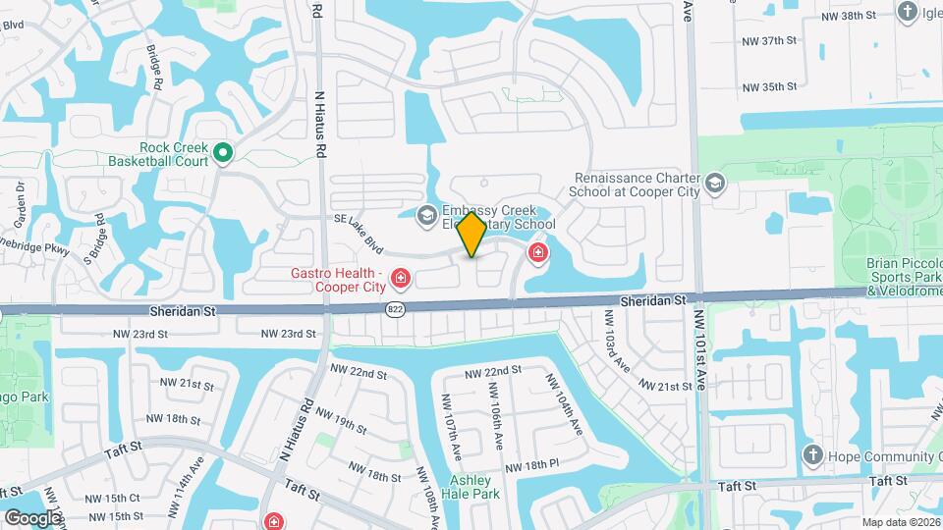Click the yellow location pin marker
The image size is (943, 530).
pyautogui.click(x=472, y=234)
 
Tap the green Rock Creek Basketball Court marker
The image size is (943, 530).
pyautogui.click(x=223, y=152)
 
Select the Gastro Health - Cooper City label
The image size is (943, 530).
pyautogui.click(x=334, y=279)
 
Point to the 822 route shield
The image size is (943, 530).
pyautogui.click(x=394, y=308)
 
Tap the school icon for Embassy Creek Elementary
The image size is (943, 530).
pyautogui.click(x=427, y=215)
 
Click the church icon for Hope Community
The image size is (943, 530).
pyautogui.click(x=811, y=454)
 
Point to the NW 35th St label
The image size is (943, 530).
pyautogui.click(x=768, y=86)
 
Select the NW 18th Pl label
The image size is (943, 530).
pyautogui.click(x=533, y=463)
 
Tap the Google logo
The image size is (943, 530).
pyautogui.click(x=32, y=517)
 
